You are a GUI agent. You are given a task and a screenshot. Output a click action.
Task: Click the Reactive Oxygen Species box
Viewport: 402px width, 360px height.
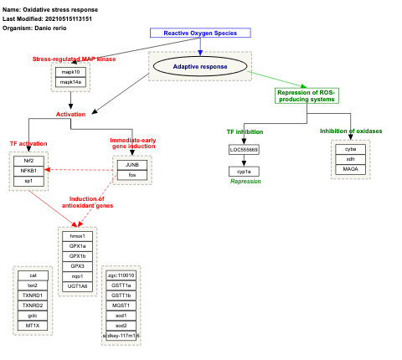[200, 33]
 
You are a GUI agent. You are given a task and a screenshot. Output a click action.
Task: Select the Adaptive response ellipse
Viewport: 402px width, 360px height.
[199, 65]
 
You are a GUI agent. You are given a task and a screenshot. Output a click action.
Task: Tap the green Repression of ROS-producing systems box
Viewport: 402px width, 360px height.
[306, 95]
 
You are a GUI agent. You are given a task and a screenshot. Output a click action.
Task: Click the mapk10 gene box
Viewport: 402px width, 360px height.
[71, 72]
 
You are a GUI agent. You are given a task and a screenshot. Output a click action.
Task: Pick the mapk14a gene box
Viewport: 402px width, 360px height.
[71, 82]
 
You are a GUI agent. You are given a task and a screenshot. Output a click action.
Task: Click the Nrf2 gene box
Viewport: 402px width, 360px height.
[28, 160]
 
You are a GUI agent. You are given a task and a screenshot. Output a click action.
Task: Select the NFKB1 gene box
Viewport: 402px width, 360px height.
[28, 170]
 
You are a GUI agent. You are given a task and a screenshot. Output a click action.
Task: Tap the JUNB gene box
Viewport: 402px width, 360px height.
[132, 165]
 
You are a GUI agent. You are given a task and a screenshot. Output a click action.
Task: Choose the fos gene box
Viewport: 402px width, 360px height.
[132, 175]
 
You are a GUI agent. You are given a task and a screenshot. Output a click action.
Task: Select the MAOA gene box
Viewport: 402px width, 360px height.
[350, 169]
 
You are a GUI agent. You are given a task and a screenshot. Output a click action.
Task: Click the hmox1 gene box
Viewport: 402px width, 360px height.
[79, 235]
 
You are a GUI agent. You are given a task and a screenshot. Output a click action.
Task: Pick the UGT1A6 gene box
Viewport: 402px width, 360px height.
[79, 285]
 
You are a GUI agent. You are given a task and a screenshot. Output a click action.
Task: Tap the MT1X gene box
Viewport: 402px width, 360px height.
[33, 325]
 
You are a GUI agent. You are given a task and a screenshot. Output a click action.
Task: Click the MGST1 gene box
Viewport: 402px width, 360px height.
[121, 305]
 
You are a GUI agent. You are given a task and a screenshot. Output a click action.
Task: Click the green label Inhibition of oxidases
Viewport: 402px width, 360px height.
[350, 131]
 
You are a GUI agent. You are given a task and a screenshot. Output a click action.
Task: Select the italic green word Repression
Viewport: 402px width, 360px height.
[245, 181]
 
